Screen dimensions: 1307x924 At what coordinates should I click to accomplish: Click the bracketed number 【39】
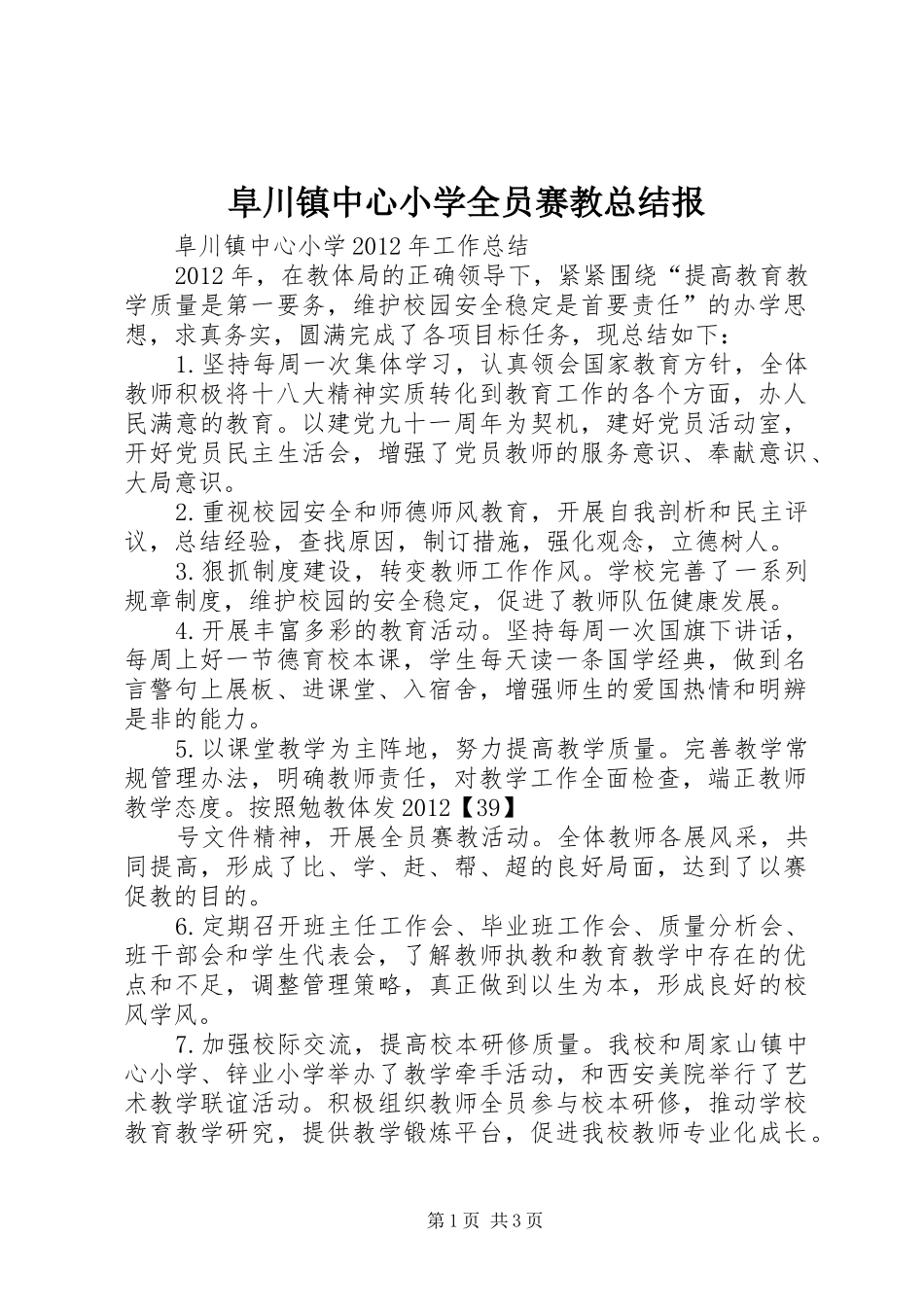pyautogui.click(x=479, y=807)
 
